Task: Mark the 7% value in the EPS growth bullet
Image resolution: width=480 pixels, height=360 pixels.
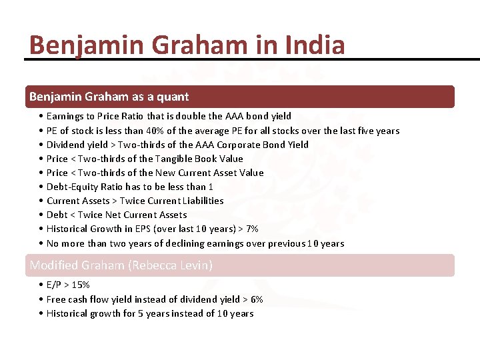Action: [x=252, y=229]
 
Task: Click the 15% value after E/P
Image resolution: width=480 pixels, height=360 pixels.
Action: [x=82, y=285]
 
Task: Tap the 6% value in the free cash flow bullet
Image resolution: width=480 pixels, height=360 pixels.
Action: [x=257, y=299]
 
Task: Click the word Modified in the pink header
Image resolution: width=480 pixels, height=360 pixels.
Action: [x=52, y=265]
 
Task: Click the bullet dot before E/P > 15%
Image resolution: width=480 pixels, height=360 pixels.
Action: [x=41, y=285]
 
